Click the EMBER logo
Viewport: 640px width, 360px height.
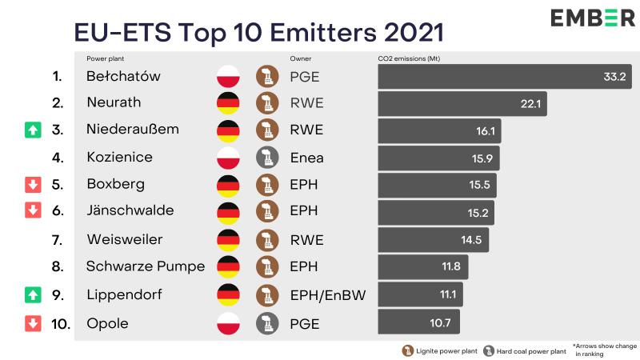593,18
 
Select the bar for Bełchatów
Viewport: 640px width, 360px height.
505,77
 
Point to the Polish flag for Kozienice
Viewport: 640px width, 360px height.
229,158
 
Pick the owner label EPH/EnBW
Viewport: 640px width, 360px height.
327,295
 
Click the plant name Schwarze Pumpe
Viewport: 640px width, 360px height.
146,267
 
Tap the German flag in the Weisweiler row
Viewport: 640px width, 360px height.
229,240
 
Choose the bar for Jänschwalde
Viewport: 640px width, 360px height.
436,213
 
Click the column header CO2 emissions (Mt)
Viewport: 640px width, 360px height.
408,58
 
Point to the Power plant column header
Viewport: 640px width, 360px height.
106,58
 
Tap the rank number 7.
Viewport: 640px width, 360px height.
56,240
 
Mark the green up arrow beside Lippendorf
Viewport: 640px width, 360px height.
32,295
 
